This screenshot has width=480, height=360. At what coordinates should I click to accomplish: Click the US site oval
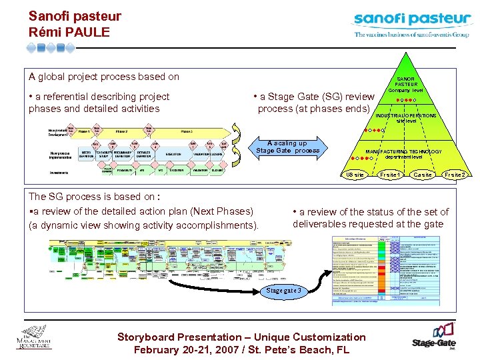[355, 175]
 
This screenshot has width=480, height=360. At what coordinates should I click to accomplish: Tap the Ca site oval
[423, 175]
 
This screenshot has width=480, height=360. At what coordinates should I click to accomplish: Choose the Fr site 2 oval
[456, 175]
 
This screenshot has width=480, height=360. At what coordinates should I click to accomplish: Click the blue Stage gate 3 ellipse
[284, 291]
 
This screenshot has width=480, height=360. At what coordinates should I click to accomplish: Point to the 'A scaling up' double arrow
[287, 147]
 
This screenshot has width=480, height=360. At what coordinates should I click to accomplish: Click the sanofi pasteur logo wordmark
[411, 19]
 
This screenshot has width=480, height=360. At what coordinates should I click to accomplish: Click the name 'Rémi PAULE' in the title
[69, 32]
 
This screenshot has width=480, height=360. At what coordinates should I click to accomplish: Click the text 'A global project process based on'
[104, 77]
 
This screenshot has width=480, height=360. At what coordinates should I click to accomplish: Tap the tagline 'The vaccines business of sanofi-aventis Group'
[411, 34]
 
